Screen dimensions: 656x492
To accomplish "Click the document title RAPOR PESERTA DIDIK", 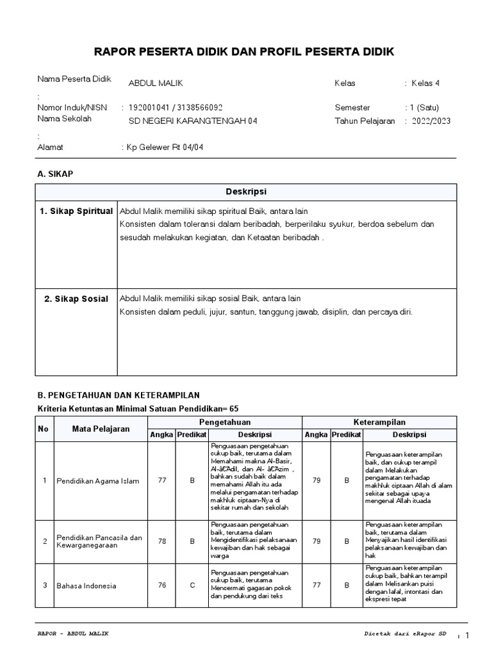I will (x=245, y=51).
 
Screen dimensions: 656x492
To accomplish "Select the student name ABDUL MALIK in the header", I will (x=155, y=83).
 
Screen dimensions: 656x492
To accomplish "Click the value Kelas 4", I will (x=425, y=83).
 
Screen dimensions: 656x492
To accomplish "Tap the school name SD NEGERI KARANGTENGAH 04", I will (x=193, y=121).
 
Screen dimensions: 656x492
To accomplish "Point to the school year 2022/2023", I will (x=430, y=121).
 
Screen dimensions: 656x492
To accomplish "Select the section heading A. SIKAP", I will (x=56, y=174).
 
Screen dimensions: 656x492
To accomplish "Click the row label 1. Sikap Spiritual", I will (x=76, y=211).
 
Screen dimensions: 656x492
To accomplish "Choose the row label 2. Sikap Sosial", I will (x=76, y=299).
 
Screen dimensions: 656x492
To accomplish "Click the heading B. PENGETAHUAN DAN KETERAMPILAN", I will (x=119, y=395).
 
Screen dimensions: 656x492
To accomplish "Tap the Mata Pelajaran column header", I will (x=101, y=429).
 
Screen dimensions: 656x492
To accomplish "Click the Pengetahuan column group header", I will (x=224, y=422).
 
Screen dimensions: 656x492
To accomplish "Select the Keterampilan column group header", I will (x=379, y=422).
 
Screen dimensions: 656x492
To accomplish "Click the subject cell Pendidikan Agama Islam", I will (x=97, y=481).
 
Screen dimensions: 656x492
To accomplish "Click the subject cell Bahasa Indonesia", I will (x=86, y=586).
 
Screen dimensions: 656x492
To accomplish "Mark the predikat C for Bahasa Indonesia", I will (x=192, y=586).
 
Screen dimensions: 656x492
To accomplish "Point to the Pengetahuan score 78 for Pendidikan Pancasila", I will (x=162, y=541).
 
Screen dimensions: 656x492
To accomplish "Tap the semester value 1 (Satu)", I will (x=423, y=108).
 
